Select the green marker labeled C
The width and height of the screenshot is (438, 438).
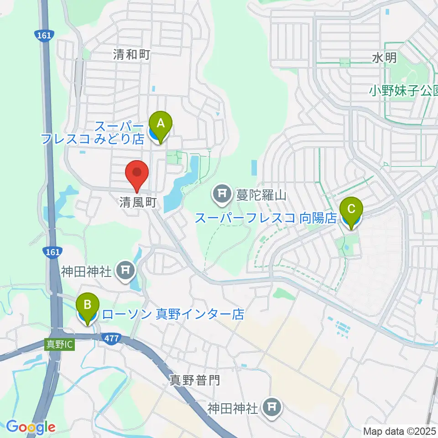(351, 211)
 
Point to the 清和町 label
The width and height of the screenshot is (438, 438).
(132, 56)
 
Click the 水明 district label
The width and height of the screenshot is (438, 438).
(385, 57)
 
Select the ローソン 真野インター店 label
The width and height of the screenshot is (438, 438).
(174, 314)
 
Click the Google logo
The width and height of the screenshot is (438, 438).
(31, 427)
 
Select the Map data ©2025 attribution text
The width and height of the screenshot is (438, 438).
(399, 430)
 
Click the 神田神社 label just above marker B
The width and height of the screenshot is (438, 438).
(87, 272)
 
